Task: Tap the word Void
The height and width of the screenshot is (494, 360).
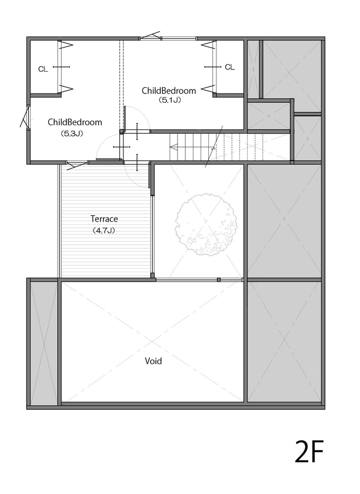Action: click(153, 361)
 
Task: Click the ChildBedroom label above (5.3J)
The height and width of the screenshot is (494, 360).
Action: click(75, 122)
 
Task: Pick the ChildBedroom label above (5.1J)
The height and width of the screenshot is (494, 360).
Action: click(169, 91)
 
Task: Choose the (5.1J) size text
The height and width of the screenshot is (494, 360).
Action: click(169, 101)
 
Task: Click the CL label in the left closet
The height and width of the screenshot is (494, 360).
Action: click(43, 69)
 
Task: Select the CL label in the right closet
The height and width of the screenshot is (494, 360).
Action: click(229, 67)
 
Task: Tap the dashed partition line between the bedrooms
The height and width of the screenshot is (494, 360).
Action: click(121, 82)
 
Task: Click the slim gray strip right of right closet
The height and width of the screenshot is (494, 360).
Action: click(253, 68)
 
